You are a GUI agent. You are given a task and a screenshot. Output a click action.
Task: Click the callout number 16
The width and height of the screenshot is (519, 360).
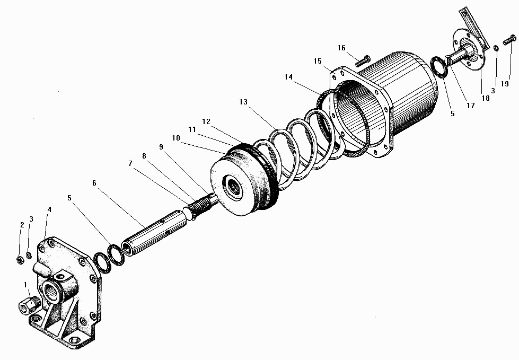pyautogui.click(x=341, y=48)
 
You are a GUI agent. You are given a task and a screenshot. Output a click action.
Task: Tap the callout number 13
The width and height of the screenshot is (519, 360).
pyautogui.click(x=243, y=102)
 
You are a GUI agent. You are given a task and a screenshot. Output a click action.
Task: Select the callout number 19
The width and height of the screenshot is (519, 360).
pyautogui.click(x=505, y=84)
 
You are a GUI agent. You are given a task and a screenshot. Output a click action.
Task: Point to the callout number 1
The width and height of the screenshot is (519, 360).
pyautogui.click(x=25, y=285)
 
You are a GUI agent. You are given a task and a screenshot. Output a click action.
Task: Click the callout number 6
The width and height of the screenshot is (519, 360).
pyautogui.click(x=94, y=183)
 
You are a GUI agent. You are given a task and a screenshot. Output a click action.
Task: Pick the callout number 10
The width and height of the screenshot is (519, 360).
pyautogui.click(x=176, y=138)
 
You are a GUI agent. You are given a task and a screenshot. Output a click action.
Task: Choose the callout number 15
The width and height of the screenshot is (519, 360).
pyautogui.click(x=318, y=61)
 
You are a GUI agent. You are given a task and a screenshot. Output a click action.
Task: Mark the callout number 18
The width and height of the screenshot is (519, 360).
pyautogui.click(x=486, y=98)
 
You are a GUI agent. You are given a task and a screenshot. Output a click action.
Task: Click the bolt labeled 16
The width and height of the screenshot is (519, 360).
pyautogui.click(x=363, y=61)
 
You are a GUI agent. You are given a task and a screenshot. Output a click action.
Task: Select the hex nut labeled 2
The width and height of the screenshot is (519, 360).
pyautogui.click(x=20, y=260)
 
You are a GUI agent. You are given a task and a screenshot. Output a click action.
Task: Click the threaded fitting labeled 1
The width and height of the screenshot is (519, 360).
pyautogui.click(x=29, y=303)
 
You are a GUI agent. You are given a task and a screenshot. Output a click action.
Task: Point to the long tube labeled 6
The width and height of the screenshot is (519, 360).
pyautogui.click(x=155, y=236)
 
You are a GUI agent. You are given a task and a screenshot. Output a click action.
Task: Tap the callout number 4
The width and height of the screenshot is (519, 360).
pyautogui.click(x=49, y=209)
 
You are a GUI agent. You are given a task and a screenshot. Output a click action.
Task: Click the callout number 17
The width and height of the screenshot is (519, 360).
pyautogui.click(x=470, y=106)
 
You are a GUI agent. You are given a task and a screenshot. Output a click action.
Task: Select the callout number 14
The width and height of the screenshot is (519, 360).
pyautogui.click(x=288, y=77)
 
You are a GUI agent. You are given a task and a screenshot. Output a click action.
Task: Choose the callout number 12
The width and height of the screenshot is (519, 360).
pyautogui.click(x=206, y=121)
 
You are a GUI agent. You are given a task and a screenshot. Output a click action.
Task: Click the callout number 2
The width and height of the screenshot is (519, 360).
pyautogui.click(x=22, y=225)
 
